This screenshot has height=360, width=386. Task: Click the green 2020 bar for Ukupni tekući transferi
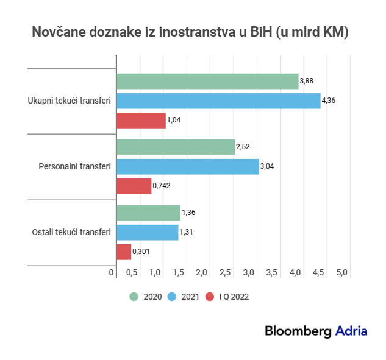tap(207, 81)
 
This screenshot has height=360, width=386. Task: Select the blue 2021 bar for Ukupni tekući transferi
tap(218, 101)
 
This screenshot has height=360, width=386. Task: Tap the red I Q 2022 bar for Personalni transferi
tap(134, 186)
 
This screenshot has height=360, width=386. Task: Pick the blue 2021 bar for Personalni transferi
tap(187, 166)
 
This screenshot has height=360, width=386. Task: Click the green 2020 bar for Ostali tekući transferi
tap(148, 213)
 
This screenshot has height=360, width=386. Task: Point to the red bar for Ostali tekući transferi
tap(124, 252)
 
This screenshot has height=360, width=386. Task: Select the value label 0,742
tap(163, 186)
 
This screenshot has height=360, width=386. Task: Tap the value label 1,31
tap(187, 232)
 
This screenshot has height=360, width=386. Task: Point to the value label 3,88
tap(307, 81)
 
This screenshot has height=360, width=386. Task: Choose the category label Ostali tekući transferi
tap(70, 232)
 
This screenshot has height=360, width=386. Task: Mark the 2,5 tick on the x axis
tap(224, 273)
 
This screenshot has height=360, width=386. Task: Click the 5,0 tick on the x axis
tap(341, 273)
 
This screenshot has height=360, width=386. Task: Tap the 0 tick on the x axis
tap(112, 273)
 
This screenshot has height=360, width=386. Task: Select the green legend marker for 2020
tap(134, 297)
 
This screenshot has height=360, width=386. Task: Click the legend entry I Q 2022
tap(234, 297)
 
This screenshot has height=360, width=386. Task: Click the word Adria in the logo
tap(351, 331)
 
